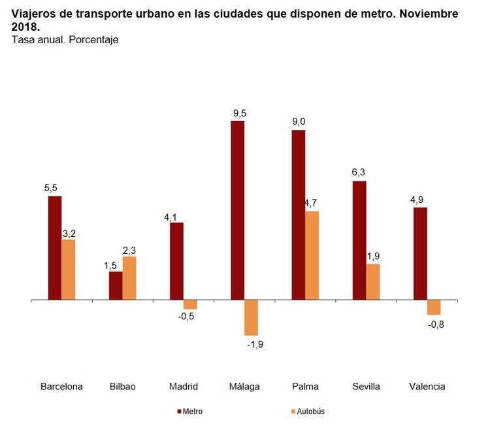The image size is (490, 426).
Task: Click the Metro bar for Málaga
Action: coord(237,210)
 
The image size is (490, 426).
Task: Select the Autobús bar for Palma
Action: coord(312,255)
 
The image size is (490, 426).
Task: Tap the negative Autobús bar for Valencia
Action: coord(434,308)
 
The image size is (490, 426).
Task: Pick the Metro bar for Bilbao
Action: coord(116,285)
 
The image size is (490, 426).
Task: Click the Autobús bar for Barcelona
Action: coord(69,270)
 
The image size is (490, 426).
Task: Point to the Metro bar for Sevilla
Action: coord(359,240)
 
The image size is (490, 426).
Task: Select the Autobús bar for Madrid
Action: coord(190,304)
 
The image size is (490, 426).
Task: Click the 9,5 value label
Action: coord(239,113)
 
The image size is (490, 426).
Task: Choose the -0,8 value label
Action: coord(435,324)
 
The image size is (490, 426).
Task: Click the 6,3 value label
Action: coord(358,173)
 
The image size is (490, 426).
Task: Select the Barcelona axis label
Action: coord(61,386)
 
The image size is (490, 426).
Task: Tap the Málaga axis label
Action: coord(244,386)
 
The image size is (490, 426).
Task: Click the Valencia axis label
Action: coord(427,386)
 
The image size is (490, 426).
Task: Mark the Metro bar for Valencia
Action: coord(420,253)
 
